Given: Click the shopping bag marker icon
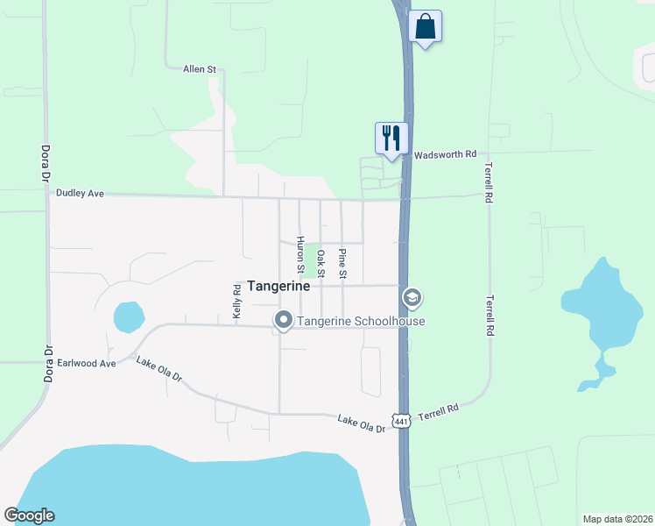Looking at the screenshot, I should click(x=425, y=26).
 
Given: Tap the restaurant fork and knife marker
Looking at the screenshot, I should click(x=391, y=138).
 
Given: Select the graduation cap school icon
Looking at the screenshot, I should click(x=412, y=299).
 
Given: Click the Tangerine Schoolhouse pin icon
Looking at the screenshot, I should click(x=283, y=321).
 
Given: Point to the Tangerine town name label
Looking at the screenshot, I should click(x=278, y=287).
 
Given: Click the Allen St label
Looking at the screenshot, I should click(x=200, y=68).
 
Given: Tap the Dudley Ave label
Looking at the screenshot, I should click(x=80, y=192).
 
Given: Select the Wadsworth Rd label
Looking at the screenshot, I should click(x=445, y=153).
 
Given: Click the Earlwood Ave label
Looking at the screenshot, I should click(x=86, y=362).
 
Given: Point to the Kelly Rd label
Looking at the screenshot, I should click(x=236, y=300).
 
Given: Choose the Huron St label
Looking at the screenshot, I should click(x=300, y=254).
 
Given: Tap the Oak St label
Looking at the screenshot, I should click(x=321, y=264).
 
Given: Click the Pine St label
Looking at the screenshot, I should click(x=342, y=265).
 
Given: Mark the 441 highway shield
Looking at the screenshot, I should click(x=401, y=422).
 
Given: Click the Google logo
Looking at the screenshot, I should click(x=29, y=515).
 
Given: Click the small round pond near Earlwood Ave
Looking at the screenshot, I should click(x=128, y=316).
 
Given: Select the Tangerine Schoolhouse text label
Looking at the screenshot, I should click(x=361, y=321).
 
